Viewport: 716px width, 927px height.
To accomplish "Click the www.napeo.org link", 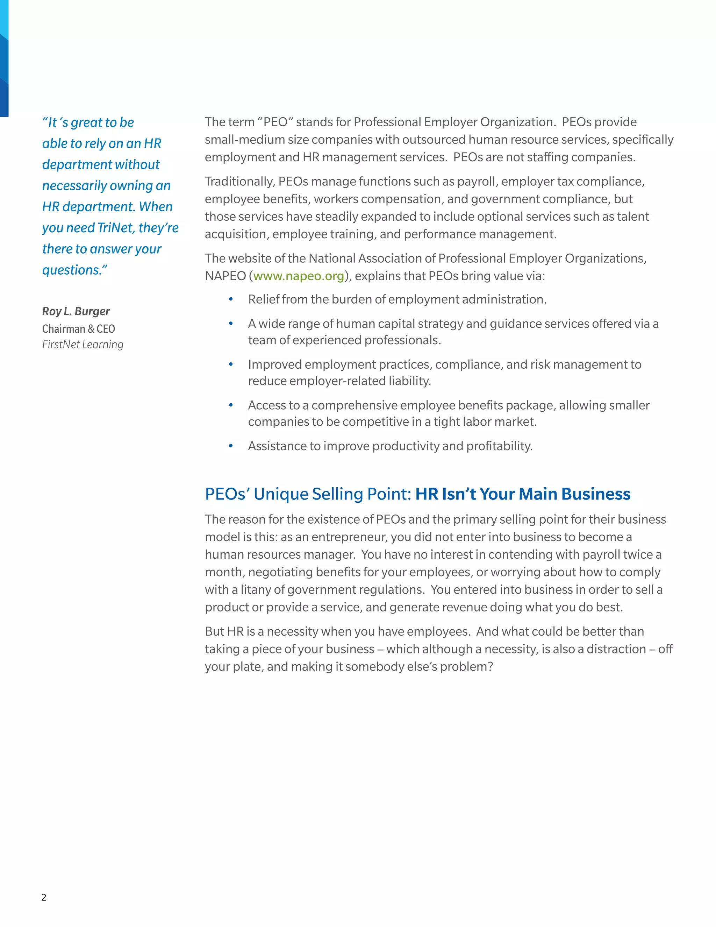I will click(x=299, y=276).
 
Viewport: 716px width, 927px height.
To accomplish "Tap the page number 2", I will click(x=44, y=897).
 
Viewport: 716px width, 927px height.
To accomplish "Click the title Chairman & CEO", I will click(x=78, y=328).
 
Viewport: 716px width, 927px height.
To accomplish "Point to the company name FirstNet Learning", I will click(x=83, y=344).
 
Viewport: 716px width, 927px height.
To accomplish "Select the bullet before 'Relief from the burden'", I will click(x=231, y=299).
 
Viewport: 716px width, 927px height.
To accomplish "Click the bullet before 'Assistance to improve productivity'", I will click(x=231, y=446).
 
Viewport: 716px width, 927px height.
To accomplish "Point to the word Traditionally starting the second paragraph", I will click(x=239, y=182).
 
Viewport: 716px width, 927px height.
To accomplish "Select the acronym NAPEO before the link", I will click(x=225, y=276).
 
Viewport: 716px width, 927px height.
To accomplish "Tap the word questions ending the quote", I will click(x=72, y=270).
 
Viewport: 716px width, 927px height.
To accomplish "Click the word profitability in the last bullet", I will click(x=499, y=446).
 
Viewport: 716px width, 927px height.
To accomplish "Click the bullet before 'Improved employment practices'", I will click(x=231, y=364).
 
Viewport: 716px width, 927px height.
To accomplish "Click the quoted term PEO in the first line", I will click(x=276, y=122).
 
